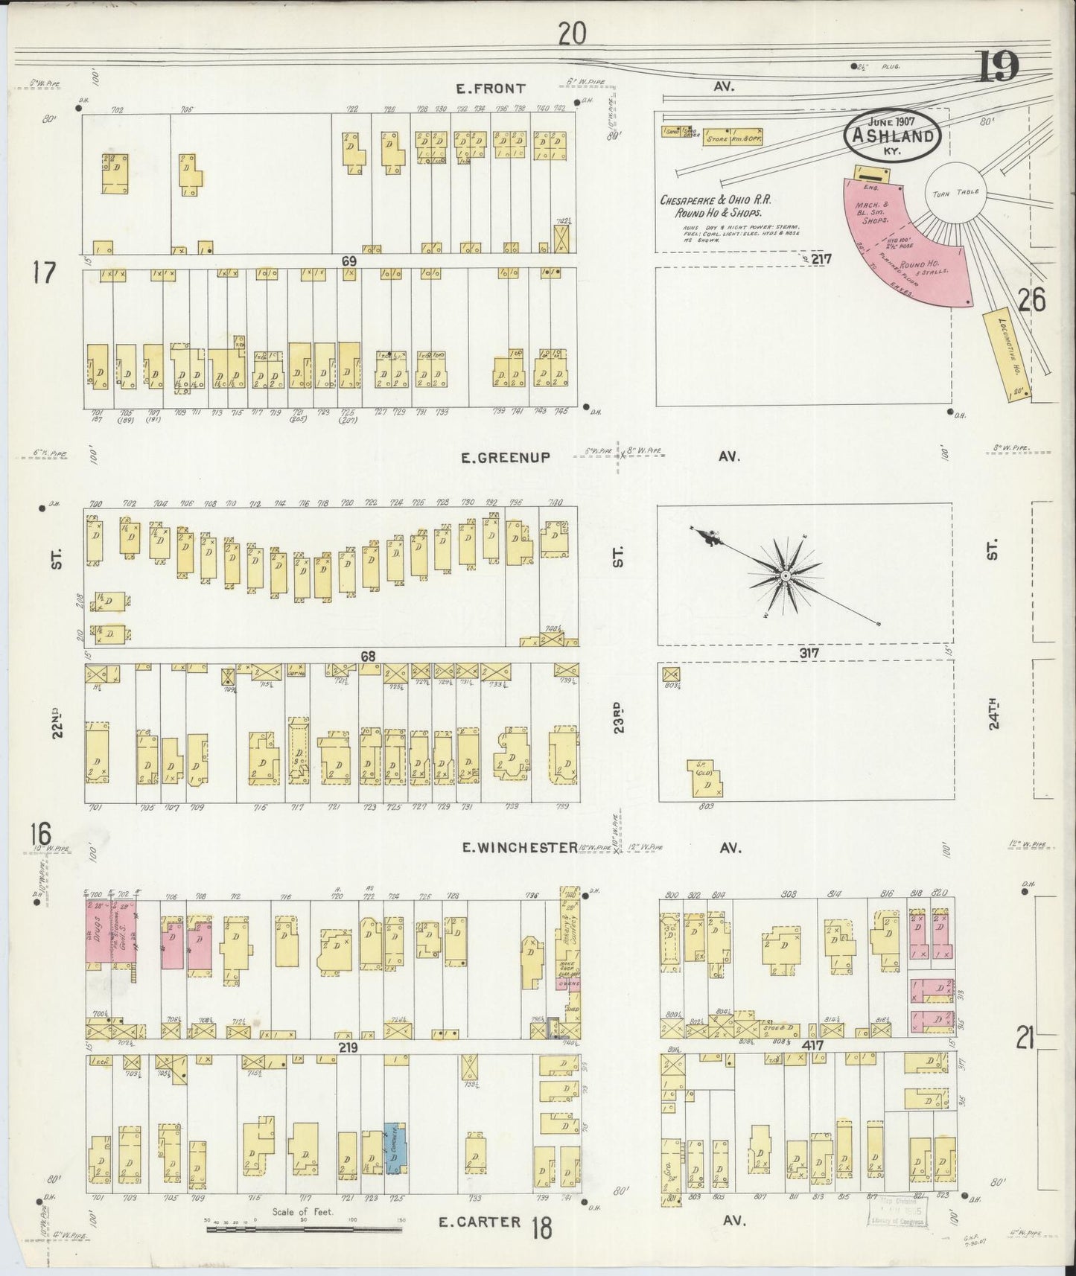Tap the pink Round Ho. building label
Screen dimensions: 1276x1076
coord(920,265)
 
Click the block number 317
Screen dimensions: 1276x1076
coord(809,653)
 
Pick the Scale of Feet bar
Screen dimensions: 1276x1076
coord(303,1224)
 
